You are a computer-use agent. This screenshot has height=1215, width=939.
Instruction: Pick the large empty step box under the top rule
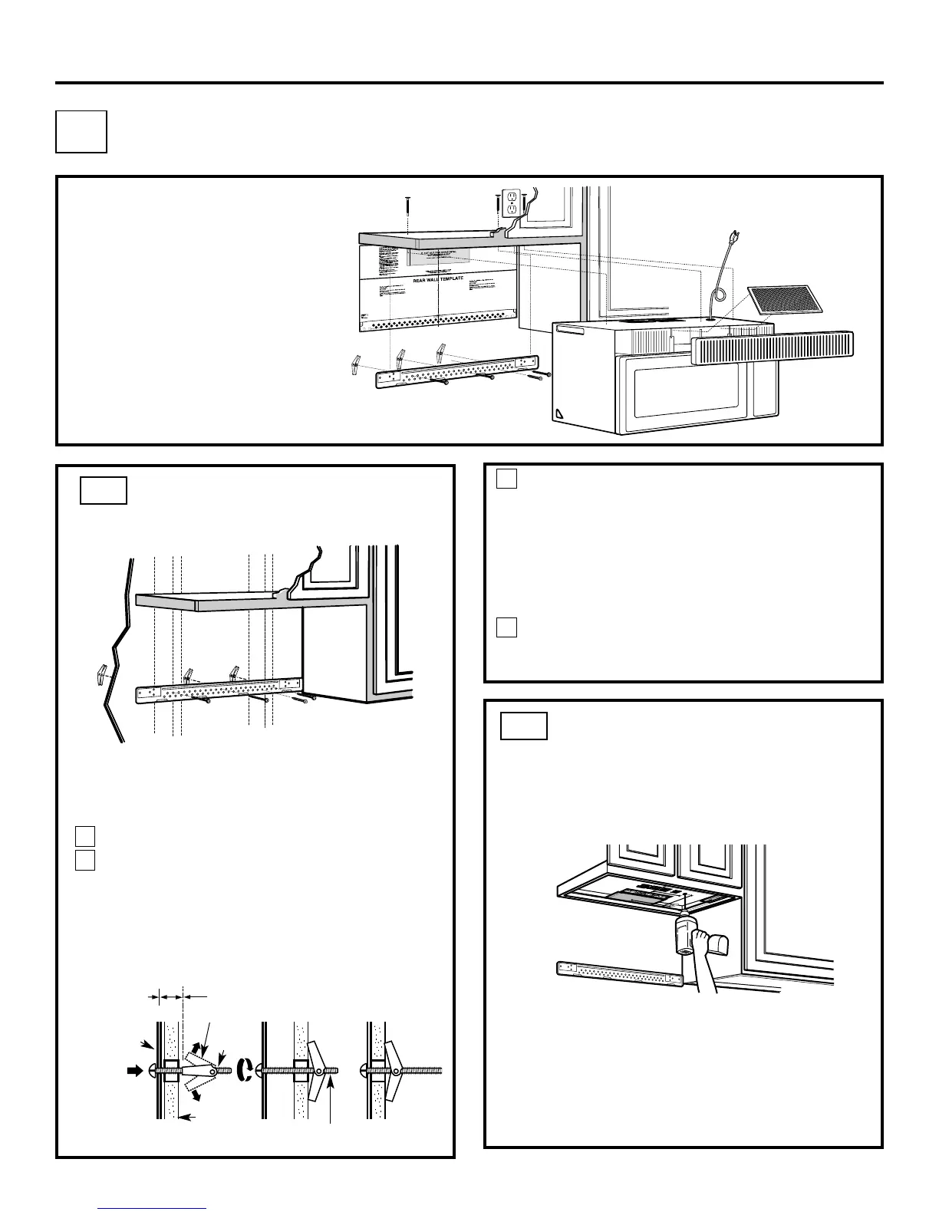click(x=81, y=131)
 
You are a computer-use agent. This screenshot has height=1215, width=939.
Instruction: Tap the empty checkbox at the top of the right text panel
click(x=506, y=479)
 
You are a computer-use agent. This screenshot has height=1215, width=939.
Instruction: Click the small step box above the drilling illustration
click(x=523, y=725)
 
